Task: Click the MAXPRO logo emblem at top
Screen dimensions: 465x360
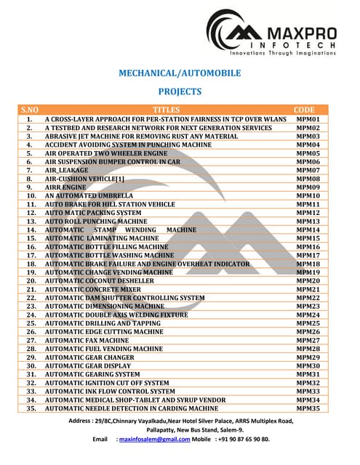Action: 232,33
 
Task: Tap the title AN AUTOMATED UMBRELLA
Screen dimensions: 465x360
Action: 89,195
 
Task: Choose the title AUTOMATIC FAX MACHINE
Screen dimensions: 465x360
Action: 87,340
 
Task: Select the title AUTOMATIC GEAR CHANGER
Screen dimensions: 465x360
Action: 91,357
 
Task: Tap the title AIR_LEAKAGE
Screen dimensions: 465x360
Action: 67,169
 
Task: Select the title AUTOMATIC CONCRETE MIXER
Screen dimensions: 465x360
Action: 93,289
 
